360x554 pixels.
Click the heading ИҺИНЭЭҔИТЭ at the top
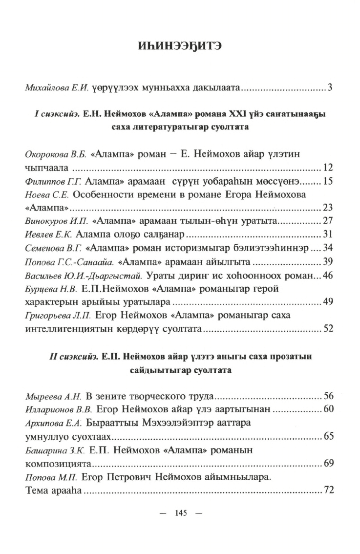point(180,47)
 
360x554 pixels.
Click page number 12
point(328,168)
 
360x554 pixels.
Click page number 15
point(328,182)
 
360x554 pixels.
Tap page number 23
point(328,208)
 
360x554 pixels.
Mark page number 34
point(328,248)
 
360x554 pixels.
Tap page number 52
point(328,329)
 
